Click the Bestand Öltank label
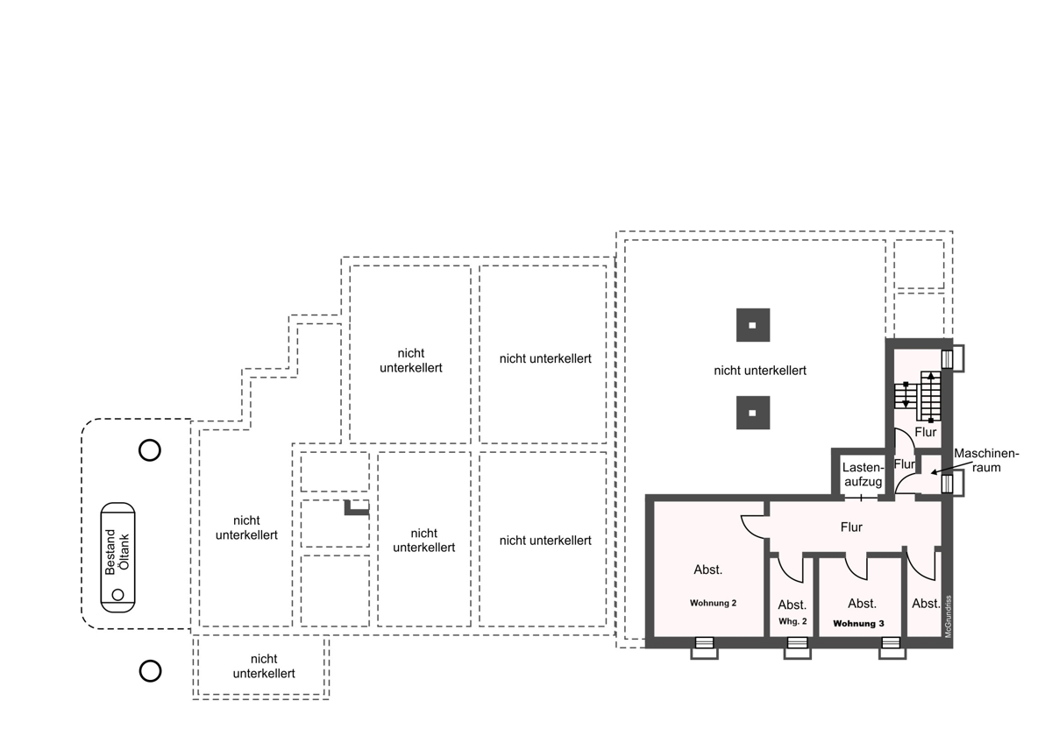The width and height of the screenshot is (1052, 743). (x=117, y=552)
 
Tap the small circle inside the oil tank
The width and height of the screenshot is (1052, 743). (x=117, y=595)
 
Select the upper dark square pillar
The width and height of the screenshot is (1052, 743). (x=753, y=325)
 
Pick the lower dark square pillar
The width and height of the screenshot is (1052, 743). (x=753, y=413)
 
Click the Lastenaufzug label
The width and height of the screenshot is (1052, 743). (x=864, y=475)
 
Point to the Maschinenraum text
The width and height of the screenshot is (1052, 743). (x=986, y=461)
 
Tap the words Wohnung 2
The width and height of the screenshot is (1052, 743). (x=713, y=603)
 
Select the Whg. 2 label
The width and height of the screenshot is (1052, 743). (x=793, y=621)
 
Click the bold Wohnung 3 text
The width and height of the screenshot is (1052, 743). (x=858, y=624)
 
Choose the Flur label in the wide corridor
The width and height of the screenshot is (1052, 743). (x=851, y=527)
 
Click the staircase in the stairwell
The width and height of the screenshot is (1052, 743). (x=918, y=397)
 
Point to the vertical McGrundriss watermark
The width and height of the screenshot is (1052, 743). (x=948, y=617)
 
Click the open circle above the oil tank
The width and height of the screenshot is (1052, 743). (x=150, y=450)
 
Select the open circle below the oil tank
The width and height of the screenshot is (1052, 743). (x=150, y=671)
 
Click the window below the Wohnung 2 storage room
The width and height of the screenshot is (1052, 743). (x=704, y=648)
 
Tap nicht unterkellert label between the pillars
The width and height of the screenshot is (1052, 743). (x=760, y=371)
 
